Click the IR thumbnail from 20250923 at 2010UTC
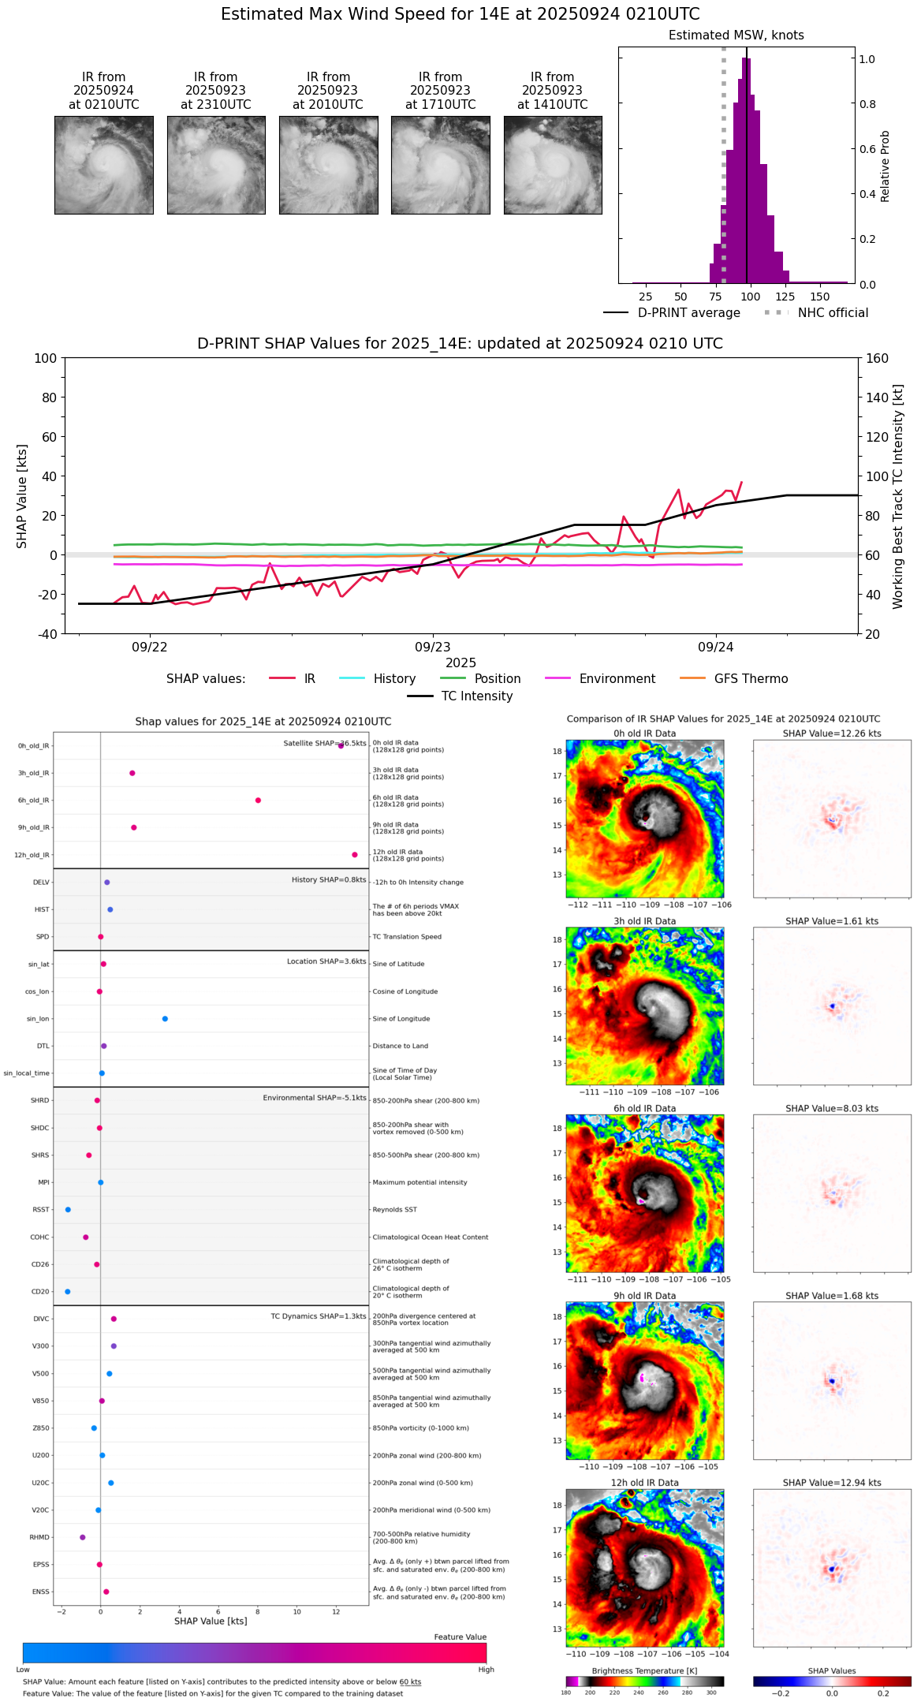point(328,165)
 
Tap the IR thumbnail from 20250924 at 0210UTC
point(103,165)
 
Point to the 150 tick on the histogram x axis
point(820,297)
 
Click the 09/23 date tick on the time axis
point(432,648)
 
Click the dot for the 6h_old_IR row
point(258,801)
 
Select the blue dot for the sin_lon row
point(165,1019)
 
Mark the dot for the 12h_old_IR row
point(355,855)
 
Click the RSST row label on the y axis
point(40,1210)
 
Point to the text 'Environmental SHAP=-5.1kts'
point(314,1098)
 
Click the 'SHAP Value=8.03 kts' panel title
point(831,1109)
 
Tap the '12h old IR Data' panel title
point(644,1483)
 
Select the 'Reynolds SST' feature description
point(394,1210)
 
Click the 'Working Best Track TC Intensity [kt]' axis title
point(898,497)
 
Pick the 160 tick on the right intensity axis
point(877,359)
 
